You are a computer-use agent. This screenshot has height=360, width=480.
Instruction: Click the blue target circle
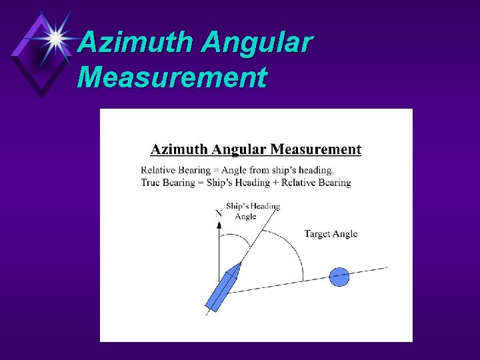(339, 277)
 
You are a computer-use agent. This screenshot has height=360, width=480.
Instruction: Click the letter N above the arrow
(219, 213)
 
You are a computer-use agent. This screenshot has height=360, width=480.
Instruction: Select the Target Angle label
(331, 234)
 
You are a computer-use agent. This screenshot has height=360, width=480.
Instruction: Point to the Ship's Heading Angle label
(252, 211)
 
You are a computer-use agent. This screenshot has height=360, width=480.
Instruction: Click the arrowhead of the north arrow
(219, 225)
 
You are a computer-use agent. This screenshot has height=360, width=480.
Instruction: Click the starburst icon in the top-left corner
(56, 39)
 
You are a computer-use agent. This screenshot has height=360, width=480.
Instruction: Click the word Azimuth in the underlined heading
(177, 150)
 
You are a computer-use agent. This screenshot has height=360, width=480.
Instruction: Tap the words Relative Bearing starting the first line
(175, 171)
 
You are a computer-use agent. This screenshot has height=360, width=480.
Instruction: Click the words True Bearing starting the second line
(168, 182)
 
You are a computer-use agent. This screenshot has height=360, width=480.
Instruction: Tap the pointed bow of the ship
(238, 265)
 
